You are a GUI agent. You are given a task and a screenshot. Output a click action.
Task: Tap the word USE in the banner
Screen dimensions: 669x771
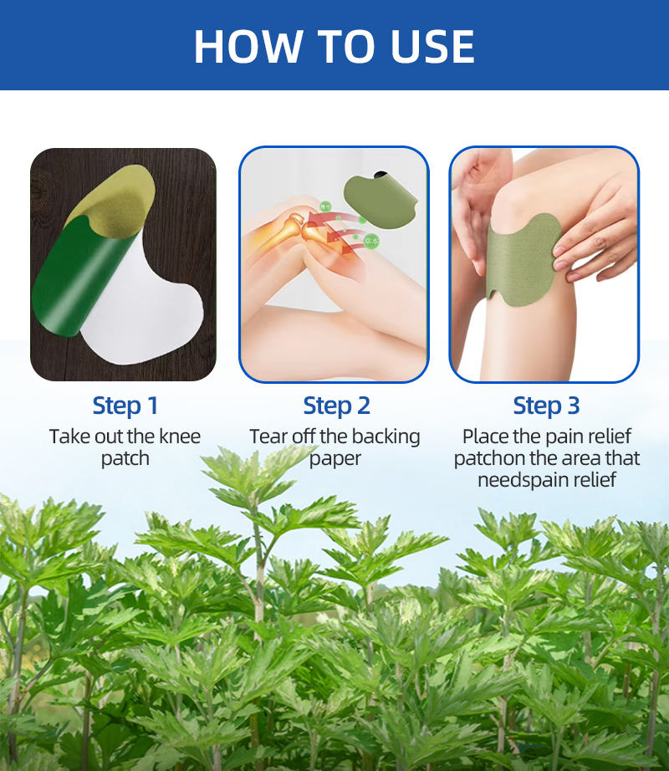[432, 47]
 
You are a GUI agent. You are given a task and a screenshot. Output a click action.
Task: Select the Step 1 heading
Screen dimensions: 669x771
[125, 406]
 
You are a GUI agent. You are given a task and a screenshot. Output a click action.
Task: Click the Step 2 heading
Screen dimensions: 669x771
[336, 406]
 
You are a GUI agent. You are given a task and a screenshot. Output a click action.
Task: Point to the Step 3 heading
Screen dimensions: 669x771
[546, 406]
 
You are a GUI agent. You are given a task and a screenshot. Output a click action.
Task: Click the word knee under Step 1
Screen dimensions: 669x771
[180, 437]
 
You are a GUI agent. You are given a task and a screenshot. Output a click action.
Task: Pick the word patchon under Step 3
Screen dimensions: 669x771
[489, 458]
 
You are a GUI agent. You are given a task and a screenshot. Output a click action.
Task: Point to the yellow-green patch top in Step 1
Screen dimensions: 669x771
[115, 202]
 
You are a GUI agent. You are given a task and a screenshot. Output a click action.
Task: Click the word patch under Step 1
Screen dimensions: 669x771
[125, 459]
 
